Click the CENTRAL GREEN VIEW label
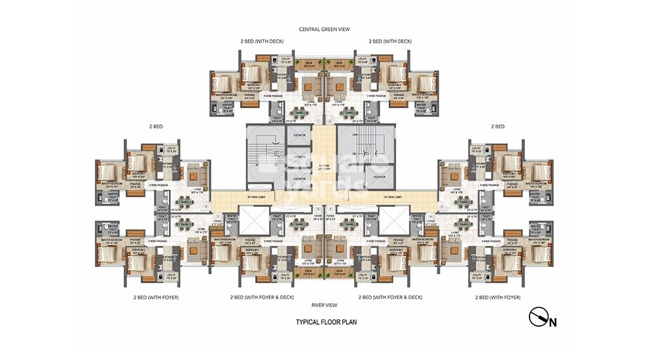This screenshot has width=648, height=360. point(323,29)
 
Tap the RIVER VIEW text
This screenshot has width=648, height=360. point(323,305)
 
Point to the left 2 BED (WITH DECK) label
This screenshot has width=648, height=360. point(262,41)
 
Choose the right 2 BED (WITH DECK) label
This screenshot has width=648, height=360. point(390,41)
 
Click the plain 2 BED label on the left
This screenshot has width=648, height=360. point(155,126)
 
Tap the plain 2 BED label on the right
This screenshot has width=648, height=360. point(498,126)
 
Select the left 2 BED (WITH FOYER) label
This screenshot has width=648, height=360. point(154,297)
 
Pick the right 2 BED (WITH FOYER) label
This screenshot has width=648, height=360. point(497,297)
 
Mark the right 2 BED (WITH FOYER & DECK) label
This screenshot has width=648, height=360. point(391,297)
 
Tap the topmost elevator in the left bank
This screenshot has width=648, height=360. point(300,135)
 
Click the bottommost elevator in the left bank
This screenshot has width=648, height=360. point(300,178)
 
